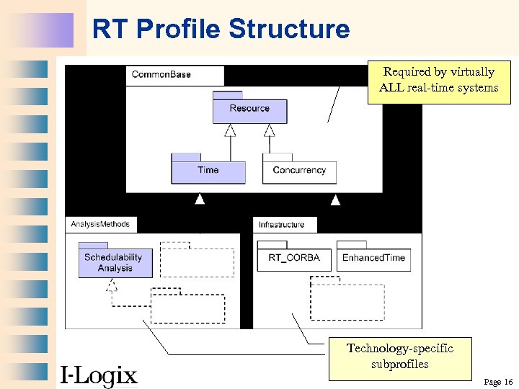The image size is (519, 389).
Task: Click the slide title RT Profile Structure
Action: (x=221, y=30)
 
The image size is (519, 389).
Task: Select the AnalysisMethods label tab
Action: (x=100, y=224)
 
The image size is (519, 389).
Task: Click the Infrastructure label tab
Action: (x=282, y=224)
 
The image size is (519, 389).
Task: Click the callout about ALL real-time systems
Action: (x=438, y=81)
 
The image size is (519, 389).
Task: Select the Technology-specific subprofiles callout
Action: (x=400, y=357)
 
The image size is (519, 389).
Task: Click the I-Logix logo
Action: (x=98, y=375)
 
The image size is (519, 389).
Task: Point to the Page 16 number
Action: (x=498, y=382)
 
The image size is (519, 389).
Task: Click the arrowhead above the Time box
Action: (x=230, y=130)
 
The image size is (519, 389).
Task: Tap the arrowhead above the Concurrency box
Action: (x=269, y=130)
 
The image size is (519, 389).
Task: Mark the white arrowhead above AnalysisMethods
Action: (x=200, y=199)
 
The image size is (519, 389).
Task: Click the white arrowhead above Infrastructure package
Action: (x=335, y=199)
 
